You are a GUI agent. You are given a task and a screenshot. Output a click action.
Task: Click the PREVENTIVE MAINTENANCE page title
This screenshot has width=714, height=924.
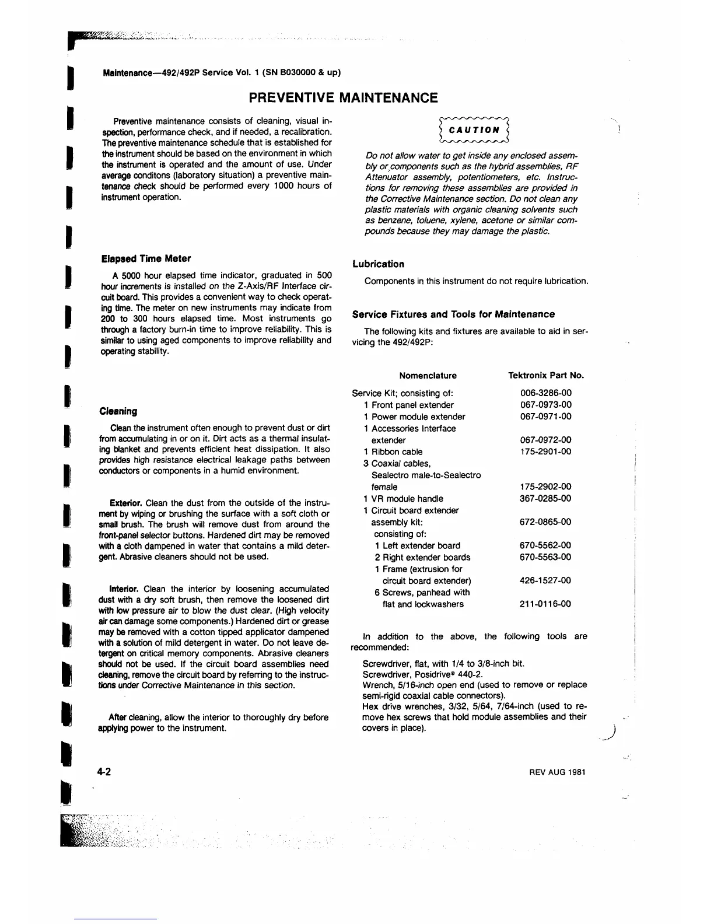(343, 97)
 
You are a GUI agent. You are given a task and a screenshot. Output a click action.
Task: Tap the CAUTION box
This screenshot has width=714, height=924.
(475, 130)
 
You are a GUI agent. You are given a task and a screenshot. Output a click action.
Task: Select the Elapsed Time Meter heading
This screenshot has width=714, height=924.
(146, 258)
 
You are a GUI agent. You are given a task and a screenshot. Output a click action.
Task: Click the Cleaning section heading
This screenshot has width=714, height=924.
(118, 411)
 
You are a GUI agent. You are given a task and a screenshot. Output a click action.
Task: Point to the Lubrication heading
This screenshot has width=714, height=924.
(378, 264)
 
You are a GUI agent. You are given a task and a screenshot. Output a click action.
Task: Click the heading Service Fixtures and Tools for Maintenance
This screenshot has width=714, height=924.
(453, 314)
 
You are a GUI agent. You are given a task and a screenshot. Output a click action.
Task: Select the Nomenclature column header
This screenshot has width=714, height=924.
(428, 376)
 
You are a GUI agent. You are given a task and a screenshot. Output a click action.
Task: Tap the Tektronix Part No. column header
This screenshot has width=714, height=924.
(546, 376)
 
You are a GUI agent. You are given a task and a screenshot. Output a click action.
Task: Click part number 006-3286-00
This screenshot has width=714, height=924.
(545, 393)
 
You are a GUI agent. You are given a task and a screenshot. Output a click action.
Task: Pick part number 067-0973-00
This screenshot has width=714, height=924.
(545, 405)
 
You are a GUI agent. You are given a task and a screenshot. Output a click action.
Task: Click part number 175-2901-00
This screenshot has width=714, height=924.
(545, 452)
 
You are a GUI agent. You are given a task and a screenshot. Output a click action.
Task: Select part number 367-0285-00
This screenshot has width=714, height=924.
(545, 499)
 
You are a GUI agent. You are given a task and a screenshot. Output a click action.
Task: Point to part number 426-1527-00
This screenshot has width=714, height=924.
(545, 580)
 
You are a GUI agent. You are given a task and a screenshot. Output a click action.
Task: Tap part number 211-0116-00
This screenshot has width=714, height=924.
(545, 604)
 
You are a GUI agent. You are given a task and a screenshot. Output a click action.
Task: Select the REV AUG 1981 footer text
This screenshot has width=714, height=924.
(557, 772)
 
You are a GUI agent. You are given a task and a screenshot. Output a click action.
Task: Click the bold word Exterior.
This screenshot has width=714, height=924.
(126, 503)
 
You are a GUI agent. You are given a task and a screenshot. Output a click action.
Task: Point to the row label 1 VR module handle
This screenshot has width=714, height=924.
(403, 499)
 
